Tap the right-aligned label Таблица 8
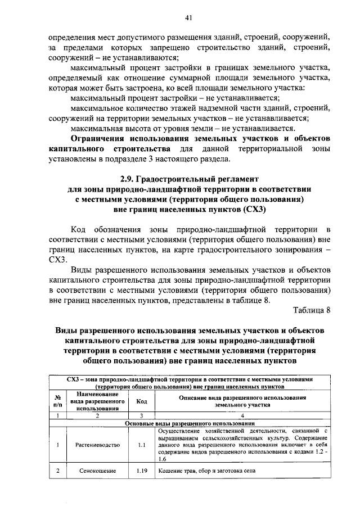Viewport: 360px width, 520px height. coord(312,310)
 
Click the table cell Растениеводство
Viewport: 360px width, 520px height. coord(97,445)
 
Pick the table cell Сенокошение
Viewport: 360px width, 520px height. coord(97,471)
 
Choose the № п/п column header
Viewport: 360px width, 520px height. coord(57,401)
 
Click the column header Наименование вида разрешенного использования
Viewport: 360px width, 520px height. coord(97,401)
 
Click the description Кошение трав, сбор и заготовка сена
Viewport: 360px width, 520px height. coord(207,471)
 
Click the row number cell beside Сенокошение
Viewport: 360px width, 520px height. coord(57,471)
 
